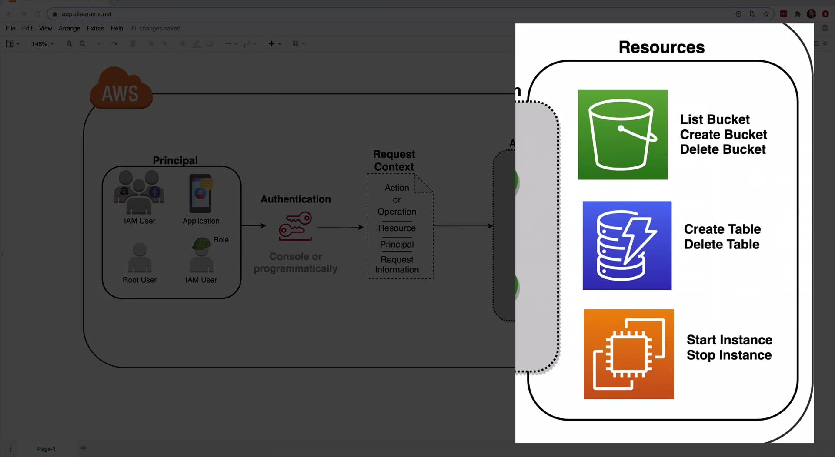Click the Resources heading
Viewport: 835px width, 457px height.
click(661, 47)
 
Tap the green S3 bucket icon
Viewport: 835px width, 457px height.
click(622, 135)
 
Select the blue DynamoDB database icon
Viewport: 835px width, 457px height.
click(627, 245)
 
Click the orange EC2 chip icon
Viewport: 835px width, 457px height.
click(628, 354)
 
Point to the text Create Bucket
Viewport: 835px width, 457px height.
click(723, 135)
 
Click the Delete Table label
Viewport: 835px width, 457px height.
click(721, 245)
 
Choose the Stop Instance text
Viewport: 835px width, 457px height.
click(729, 355)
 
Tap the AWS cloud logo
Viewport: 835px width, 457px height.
click(121, 89)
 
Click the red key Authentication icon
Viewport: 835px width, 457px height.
click(295, 226)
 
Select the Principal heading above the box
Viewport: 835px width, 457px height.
click(175, 160)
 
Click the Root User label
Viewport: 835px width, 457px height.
click(139, 280)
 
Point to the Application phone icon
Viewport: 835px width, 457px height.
click(200, 194)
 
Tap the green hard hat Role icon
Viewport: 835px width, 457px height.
click(201, 244)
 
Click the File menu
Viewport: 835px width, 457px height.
click(10, 28)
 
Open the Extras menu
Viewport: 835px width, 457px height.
click(95, 28)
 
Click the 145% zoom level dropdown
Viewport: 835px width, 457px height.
click(43, 44)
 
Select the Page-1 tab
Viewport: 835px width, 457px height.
click(46, 449)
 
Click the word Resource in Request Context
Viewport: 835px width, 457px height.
click(397, 228)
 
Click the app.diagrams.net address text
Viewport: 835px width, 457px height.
click(87, 14)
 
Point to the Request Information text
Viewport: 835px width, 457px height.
click(397, 265)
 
